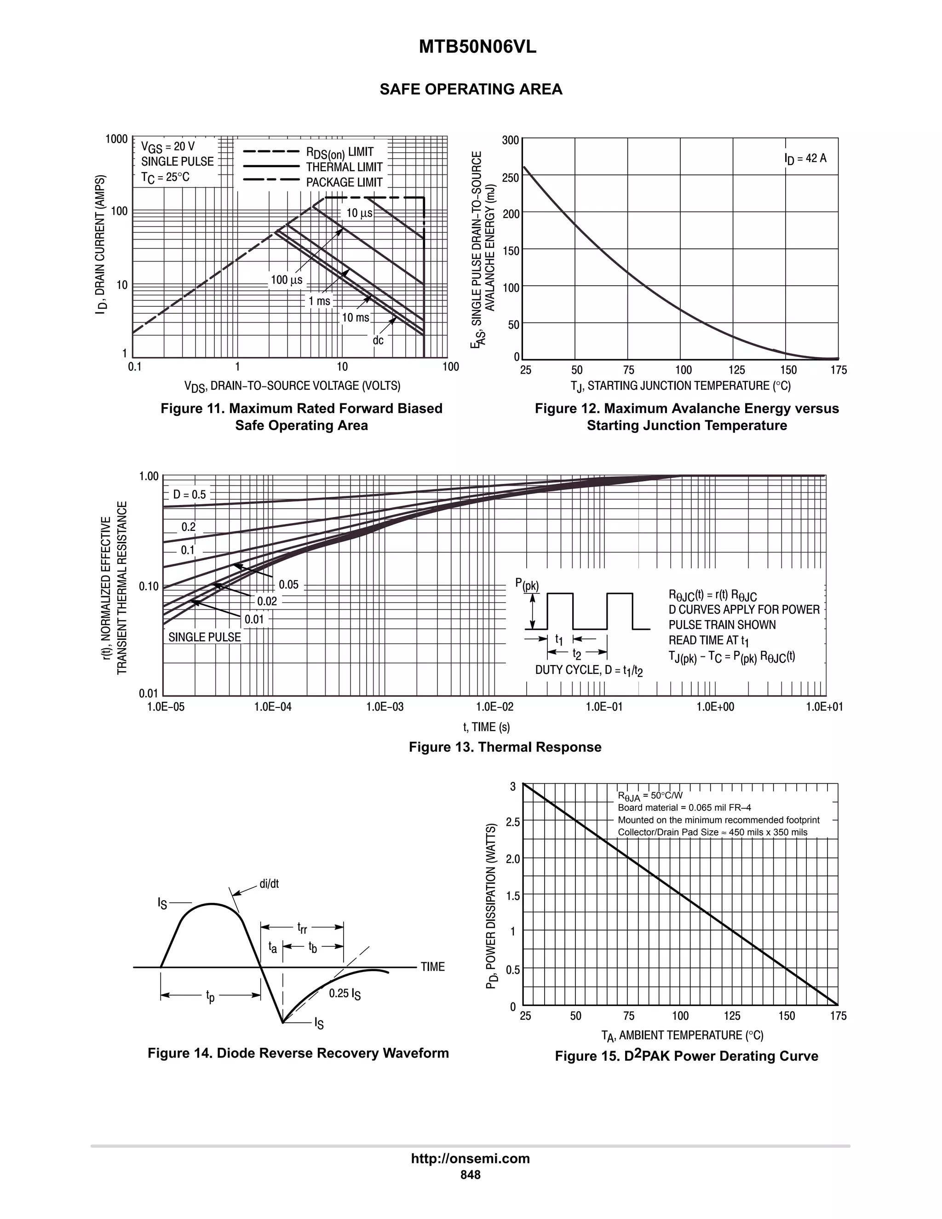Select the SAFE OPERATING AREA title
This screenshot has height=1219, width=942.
(x=471, y=89)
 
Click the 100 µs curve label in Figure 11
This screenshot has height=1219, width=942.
(x=286, y=280)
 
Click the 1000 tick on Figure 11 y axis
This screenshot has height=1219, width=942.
(x=117, y=139)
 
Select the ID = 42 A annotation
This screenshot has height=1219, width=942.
(x=805, y=159)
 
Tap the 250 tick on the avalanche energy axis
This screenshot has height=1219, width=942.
(x=510, y=178)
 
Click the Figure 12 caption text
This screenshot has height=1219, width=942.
(x=686, y=416)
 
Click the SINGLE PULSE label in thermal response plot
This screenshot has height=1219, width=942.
(x=205, y=638)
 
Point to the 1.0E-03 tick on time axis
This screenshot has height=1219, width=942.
(x=385, y=707)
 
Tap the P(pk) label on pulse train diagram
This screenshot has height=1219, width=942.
(x=527, y=584)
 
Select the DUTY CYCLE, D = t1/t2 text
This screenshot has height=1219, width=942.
(x=589, y=670)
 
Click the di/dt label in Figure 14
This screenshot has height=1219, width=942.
(x=269, y=884)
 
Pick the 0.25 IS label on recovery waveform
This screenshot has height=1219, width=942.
(x=345, y=994)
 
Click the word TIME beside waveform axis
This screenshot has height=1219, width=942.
(x=432, y=967)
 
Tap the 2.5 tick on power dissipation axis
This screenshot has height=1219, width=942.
(x=512, y=822)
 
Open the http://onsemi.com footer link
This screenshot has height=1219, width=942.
(x=470, y=1158)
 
